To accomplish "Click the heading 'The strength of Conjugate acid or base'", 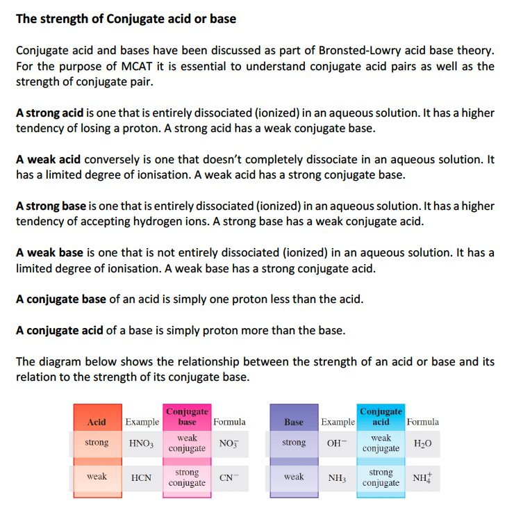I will tap(126, 19).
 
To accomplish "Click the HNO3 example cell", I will tap(142, 443).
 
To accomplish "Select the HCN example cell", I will tap(142, 478).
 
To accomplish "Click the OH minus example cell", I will tap(338, 443).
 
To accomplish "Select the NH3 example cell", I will tap(338, 478).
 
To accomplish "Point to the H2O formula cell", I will tap(422, 443).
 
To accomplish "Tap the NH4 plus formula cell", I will tap(422, 478).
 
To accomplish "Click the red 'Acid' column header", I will tap(97, 422).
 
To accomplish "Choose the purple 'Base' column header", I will tap(294, 422).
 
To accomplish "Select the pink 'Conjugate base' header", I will tap(187, 417).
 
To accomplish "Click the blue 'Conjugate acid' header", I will tap(381, 417).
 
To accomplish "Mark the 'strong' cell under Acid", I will tap(97, 443).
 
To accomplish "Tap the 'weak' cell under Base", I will tap(294, 477).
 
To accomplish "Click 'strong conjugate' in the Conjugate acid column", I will tap(381, 477).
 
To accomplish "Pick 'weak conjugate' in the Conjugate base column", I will tap(187, 443).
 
